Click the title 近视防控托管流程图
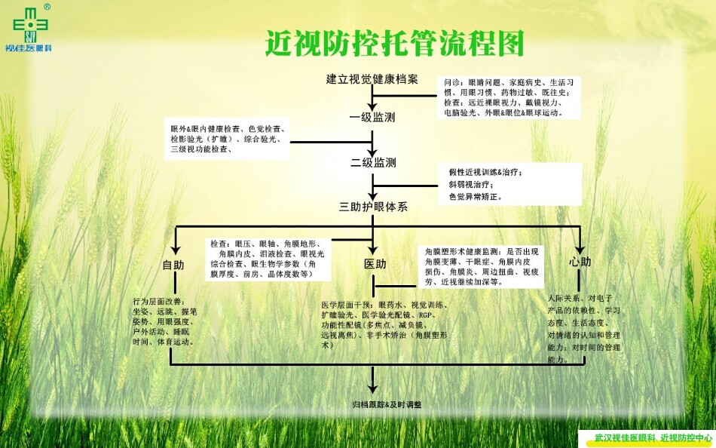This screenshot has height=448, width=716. [394, 44]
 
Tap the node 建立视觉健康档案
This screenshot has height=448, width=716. [372, 79]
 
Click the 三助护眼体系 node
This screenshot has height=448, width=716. [373, 207]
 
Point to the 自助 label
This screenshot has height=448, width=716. [173, 265]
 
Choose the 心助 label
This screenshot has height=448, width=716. [580, 262]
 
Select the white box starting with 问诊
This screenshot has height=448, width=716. [509, 97]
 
